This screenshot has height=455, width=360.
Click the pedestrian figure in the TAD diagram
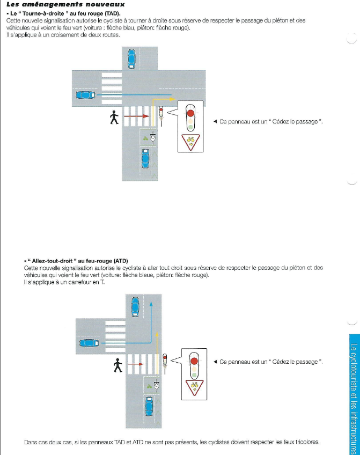pos(114,118)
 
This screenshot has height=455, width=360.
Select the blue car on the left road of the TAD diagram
pos(85,96)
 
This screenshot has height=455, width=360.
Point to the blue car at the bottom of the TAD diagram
pos(145,158)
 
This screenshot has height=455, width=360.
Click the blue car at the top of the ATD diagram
pos(135,307)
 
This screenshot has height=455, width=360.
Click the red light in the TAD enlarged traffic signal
pos(190,113)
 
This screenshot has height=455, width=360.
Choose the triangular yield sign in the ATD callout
pos(194,386)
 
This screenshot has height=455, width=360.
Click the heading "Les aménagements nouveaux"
pos(65,5)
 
